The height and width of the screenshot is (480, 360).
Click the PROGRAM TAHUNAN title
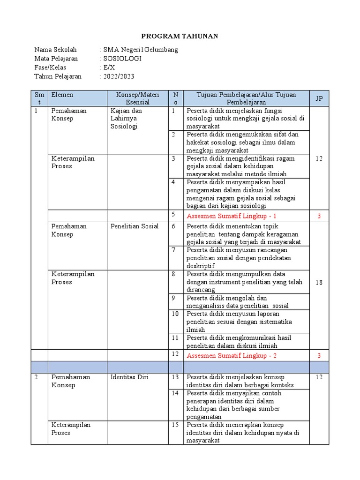pos(180,37)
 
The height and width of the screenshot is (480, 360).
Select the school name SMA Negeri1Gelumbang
pos(141,50)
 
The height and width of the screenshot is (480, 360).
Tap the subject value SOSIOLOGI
pos(122,59)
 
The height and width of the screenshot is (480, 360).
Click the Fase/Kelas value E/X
pos(109,67)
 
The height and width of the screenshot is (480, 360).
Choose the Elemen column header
pos(62,95)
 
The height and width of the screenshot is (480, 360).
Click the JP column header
pos(319,98)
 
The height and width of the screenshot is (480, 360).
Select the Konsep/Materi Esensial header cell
pos(137,98)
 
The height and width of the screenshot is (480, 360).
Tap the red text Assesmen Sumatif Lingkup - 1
pos(232,216)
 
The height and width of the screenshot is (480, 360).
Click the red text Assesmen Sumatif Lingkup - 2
pos(232,355)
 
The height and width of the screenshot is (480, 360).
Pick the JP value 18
pos(319,282)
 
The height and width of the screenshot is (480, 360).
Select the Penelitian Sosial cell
pos(135,226)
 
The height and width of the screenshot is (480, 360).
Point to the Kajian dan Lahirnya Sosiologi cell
pos(126,119)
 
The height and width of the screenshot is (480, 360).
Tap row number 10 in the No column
pos(175,314)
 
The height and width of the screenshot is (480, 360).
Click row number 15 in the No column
pos(175,425)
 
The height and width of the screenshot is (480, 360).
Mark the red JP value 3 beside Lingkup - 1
pos(319,216)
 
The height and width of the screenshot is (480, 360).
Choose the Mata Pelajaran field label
pos(56,59)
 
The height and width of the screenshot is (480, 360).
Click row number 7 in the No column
pos(173,250)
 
